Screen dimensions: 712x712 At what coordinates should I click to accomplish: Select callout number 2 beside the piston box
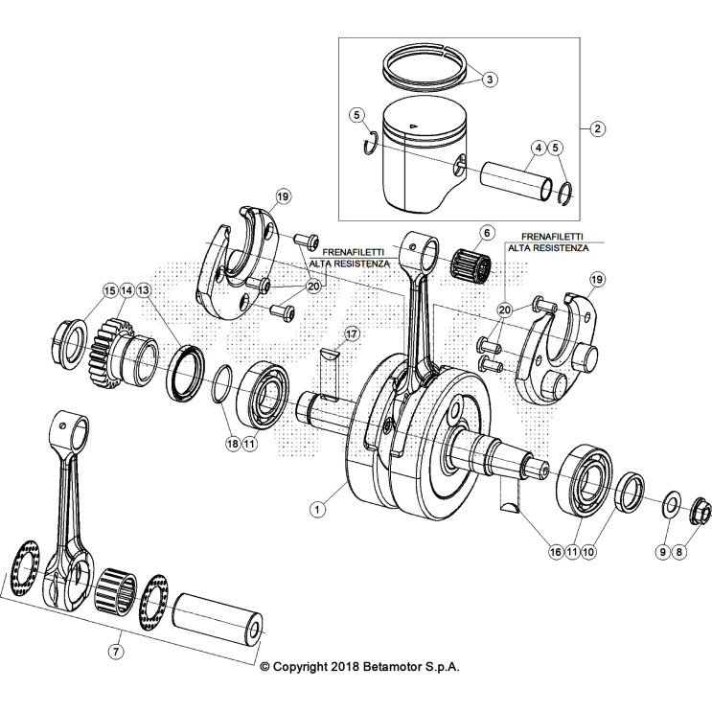pos(596,128)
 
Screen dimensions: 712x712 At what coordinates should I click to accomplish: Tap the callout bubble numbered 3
pos(488,80)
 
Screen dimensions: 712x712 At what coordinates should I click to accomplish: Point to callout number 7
pos(115,652)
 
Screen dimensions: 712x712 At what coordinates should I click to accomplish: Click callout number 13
pos(143,289)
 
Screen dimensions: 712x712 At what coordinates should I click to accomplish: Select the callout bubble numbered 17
pos(352,334)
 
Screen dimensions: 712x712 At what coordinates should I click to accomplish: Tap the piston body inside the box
pos(422,163)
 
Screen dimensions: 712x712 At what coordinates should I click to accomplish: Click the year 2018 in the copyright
pos(341,667)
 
